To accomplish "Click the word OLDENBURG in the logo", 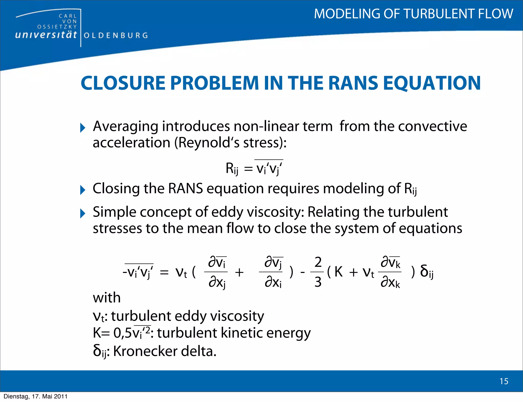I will (x=116, y=35).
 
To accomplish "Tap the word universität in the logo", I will (x=46, y=35).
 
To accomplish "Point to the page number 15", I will (x=504, y=381).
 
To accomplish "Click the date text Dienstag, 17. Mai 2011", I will (x=35, y=396).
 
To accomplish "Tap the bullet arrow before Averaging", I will (x=82, y=128).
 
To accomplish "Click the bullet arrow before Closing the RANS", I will (x=82, y=190).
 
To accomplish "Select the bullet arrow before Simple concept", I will (x=82, y=213).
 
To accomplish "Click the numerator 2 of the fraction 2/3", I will (x=318, y=262).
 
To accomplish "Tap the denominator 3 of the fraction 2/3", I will (x=318, y=282).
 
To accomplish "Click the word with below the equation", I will (x=106, y=298).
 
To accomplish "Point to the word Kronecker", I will (x=145, y=351).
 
